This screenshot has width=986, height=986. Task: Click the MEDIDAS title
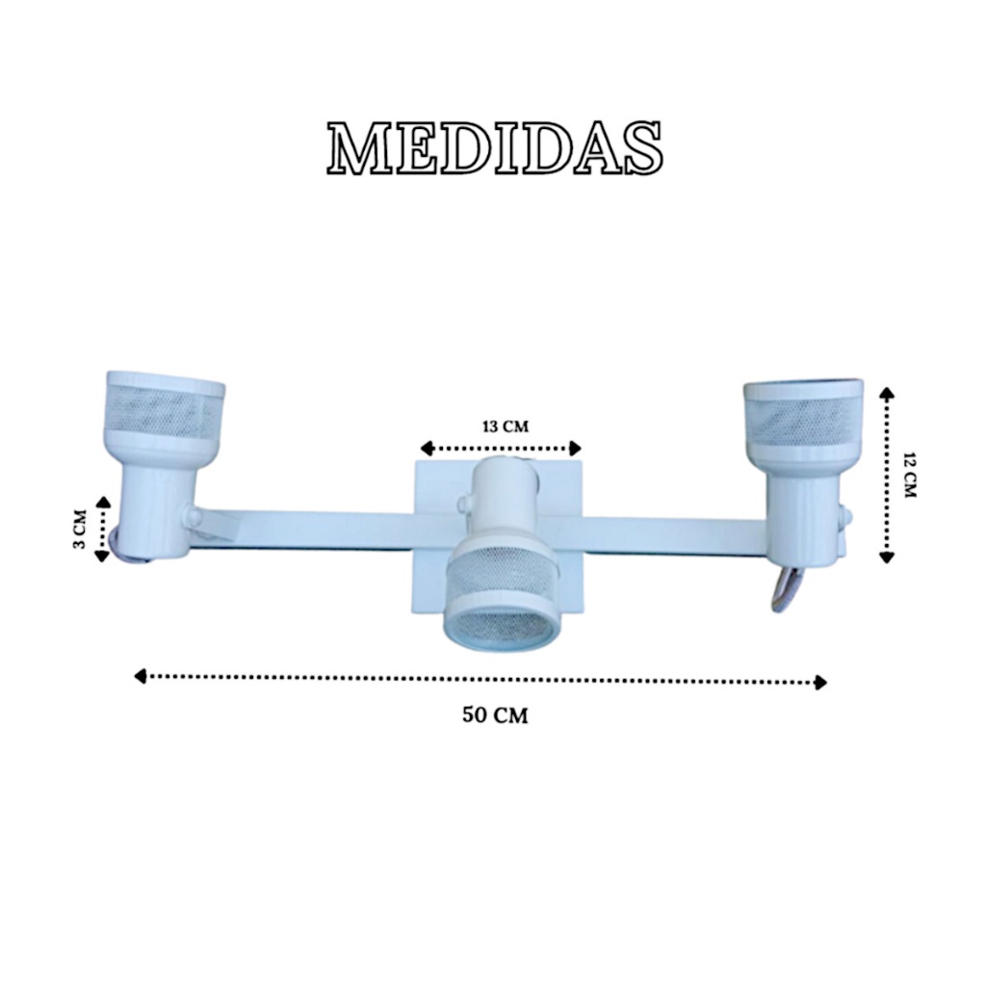coord(494,147)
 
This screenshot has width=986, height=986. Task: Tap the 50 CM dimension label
coord(496,715)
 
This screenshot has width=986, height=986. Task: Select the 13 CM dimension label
coord(506,427)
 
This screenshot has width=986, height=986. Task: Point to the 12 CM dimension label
coord(909,475)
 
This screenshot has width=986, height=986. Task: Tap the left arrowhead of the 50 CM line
coord(141,677)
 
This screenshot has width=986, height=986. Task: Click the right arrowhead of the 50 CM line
coord(820,683)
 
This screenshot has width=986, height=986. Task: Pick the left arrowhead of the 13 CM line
coord(427,449)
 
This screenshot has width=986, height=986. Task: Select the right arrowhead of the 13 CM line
coord(575,449)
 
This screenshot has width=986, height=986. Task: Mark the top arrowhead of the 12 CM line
coord(887,394)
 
